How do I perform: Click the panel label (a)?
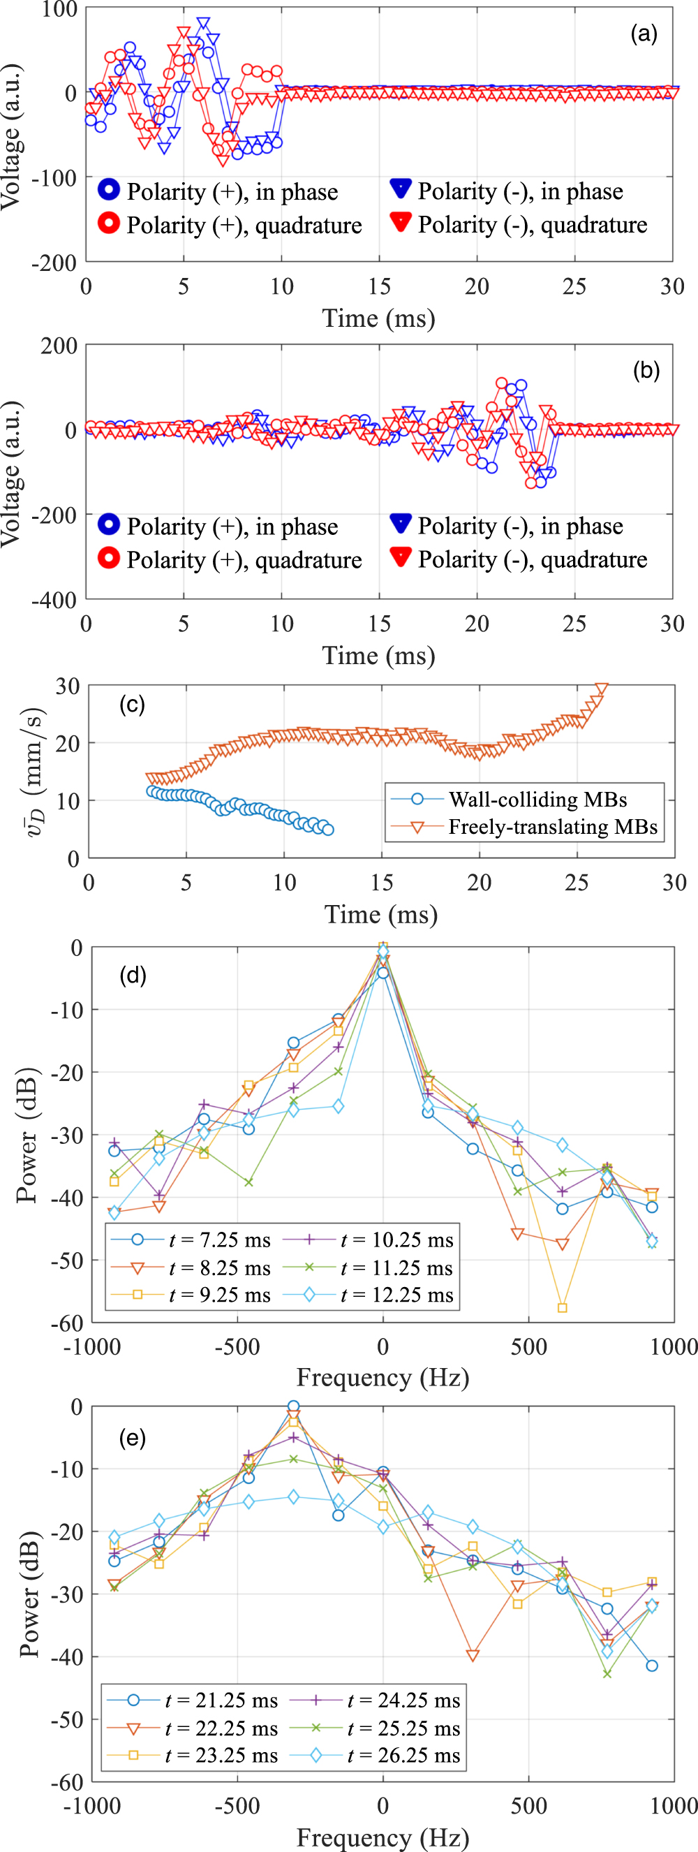pyautogui.click(x=644, y=34)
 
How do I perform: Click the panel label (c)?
pyautogui.click(x=132, y=705)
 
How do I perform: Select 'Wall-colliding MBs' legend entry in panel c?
pyautogui.click(x=537, y=800)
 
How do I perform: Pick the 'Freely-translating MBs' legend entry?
pyautogui.click(x=552, y=827)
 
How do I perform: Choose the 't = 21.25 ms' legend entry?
pyautogui.click(x=221, y=1700)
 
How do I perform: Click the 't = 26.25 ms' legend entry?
pyautogui.click(x=403, y=1755)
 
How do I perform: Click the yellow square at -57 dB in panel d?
pyautogui.click(x=562, y=1308)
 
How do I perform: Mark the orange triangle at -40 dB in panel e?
pyautogui.click(x=473, y=1656)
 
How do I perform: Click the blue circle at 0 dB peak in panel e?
pyautogui.click(x=293, y=1406)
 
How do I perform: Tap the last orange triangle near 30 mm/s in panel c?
pyautogui.click(x=602, y=689)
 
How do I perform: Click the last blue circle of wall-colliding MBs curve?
pyautogui.click(x=328, y=830)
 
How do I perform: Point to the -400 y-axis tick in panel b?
pyautogui.click(x=54, y=601)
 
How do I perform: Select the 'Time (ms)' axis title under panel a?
pyautogui.click(x=379, y=318)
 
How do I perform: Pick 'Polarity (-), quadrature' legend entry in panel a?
pyautogui.click(x=532, y=225)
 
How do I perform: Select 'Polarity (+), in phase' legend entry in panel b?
pyautogui.click(x=232, y=527)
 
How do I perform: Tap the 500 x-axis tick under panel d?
pyautogui.click(x=528, y=1346)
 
